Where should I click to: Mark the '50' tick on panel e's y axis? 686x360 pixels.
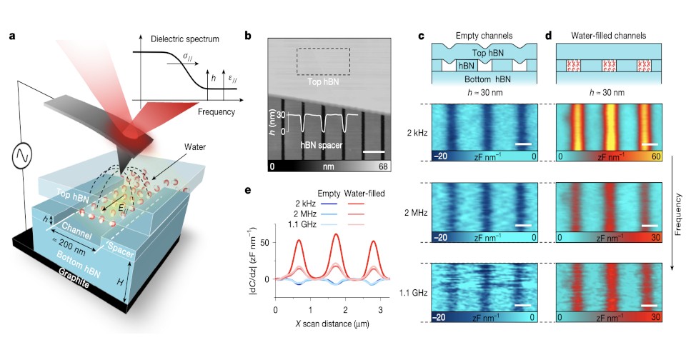click(266, 244)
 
